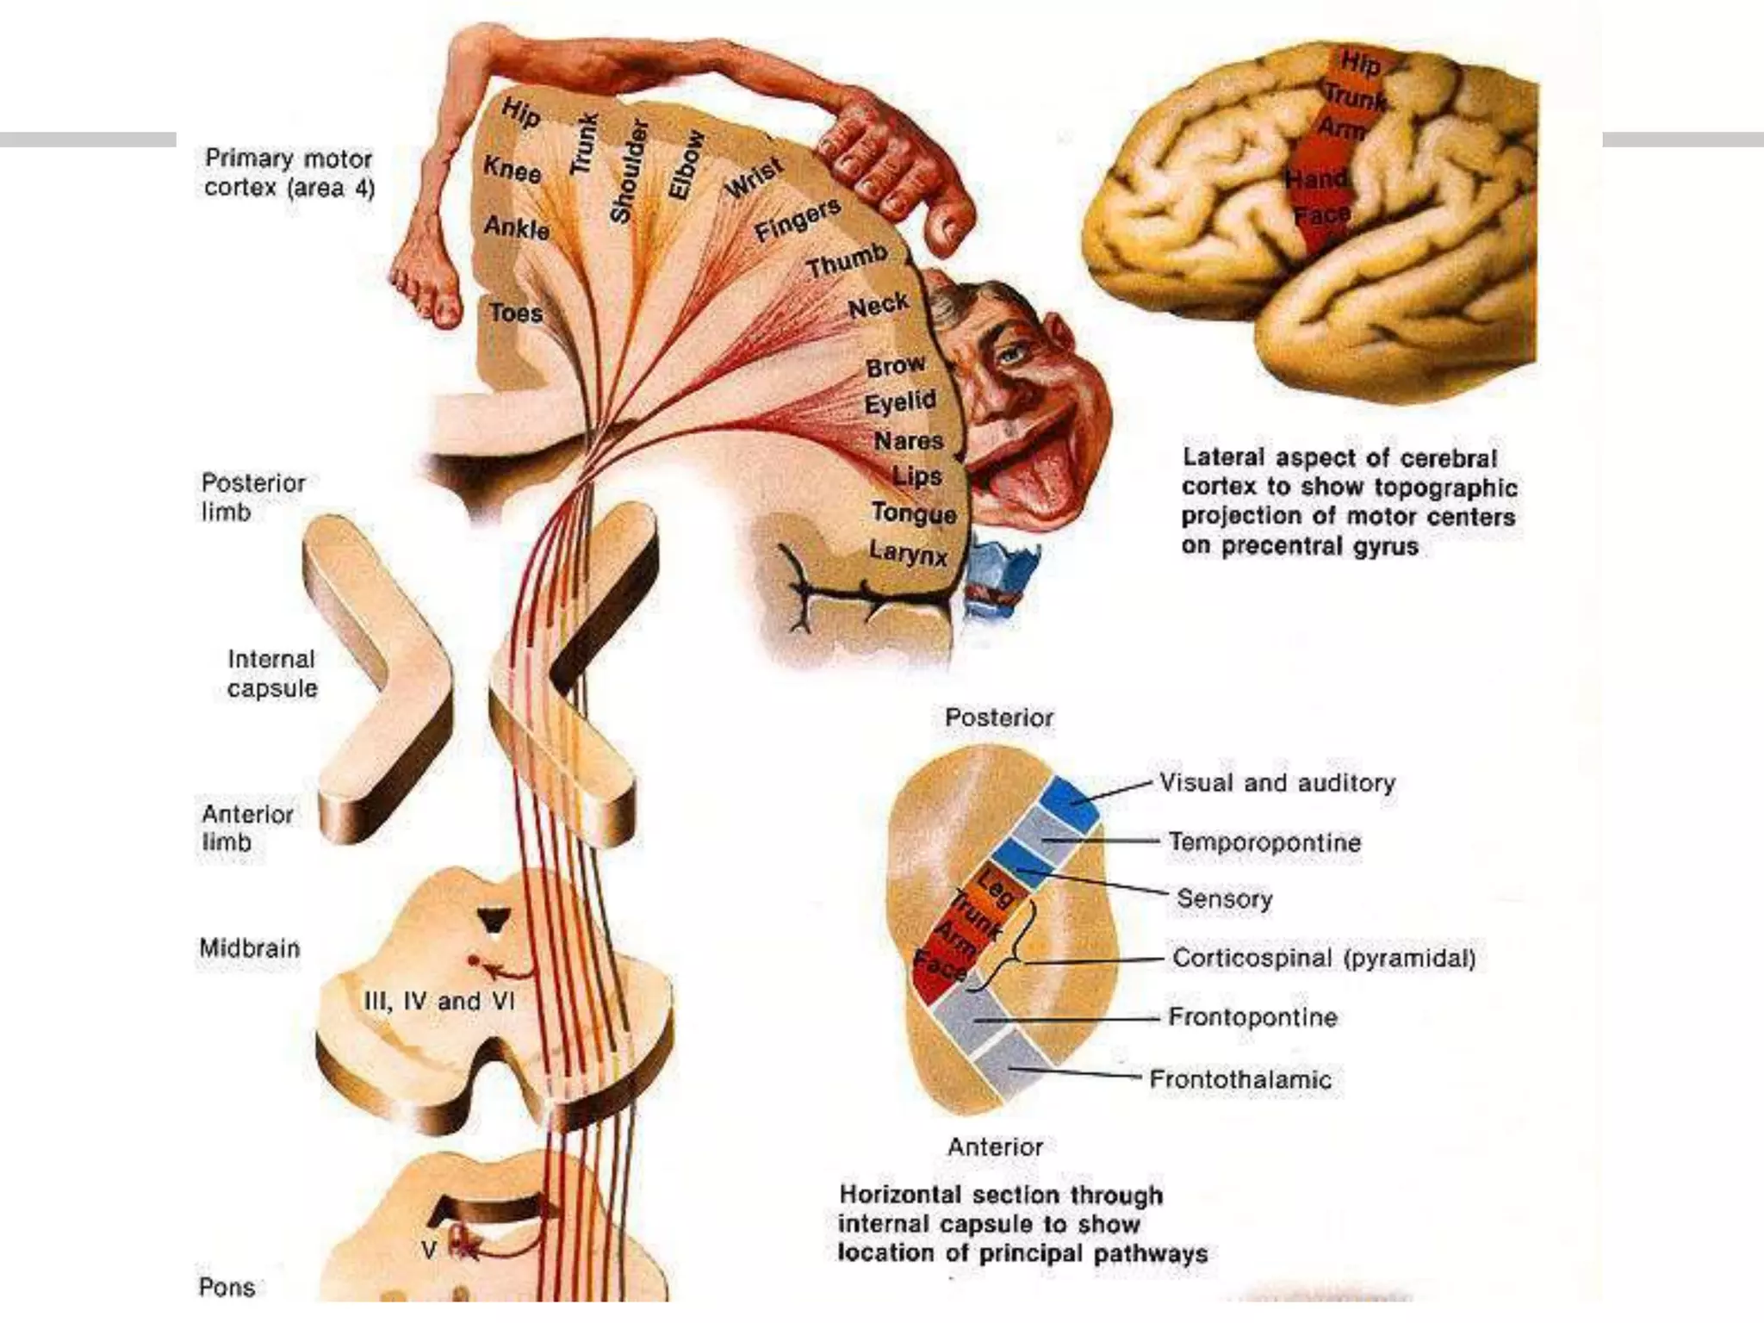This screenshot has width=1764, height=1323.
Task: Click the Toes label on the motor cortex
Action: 516,312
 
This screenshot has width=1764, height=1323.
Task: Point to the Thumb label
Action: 848,259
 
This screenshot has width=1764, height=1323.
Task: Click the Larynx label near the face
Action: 909,552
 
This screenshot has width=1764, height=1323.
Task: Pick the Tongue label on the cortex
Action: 913,513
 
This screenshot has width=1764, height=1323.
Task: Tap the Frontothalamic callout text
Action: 1240,1079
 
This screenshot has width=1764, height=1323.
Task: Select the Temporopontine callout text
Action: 1264,842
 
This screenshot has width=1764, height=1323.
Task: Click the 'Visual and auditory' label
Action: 1276,783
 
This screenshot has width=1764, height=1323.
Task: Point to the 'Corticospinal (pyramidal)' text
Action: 1324,958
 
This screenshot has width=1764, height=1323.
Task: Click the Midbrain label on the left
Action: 250,948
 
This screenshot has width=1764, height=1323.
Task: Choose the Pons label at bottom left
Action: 227,1287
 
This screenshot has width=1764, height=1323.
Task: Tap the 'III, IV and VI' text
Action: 440,1001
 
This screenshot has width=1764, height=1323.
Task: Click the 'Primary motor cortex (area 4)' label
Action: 289,173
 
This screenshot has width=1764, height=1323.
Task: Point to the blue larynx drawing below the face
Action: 1003,569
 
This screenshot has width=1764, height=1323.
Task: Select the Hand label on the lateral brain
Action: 1316,179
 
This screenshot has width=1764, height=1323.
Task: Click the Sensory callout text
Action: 1224,898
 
